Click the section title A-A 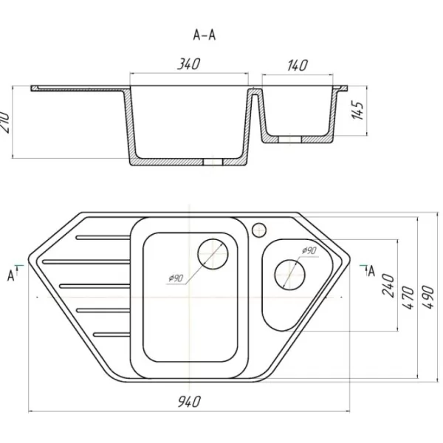coord(205,35)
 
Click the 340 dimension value coord(189,63)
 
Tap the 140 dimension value coord(298,65)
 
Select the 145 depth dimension coord(358,110)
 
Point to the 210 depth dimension coord(5,122)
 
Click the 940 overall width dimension coord(189,402)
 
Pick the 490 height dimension coord(427,298)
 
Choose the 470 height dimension coord(408,298)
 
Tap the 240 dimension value coord(388,285)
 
